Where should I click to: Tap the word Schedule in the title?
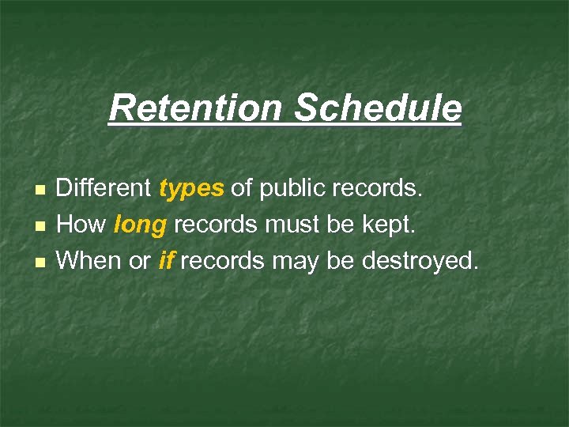378,108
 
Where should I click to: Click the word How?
81,225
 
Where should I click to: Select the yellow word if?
166,259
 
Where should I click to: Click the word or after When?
140,261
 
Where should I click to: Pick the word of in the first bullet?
243,189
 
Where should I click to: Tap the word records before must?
215,225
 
